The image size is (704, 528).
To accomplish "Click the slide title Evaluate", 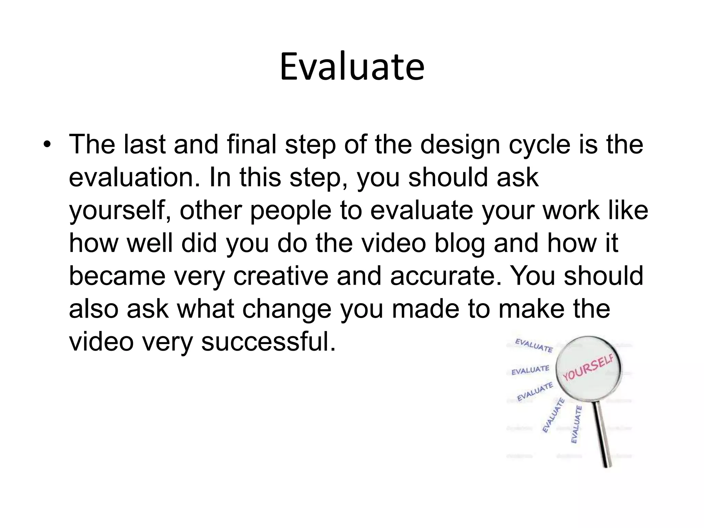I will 352,67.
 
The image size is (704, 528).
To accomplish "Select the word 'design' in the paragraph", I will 460,144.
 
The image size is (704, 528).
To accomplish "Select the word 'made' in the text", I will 426,309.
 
